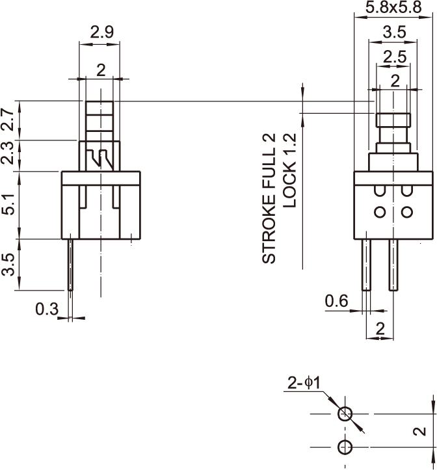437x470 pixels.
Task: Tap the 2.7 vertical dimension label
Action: [8, 120]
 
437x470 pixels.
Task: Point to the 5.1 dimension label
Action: [8, 204]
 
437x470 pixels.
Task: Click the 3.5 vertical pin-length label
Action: [8, 265]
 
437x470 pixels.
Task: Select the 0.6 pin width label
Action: [336, 301]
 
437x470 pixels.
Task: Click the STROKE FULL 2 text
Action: [269, 198]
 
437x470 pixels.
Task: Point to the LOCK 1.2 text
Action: [290, 170]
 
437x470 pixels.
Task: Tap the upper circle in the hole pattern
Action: [345, 413]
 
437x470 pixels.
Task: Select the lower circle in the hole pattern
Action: [345, 447]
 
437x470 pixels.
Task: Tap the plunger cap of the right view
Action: [394, 120]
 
